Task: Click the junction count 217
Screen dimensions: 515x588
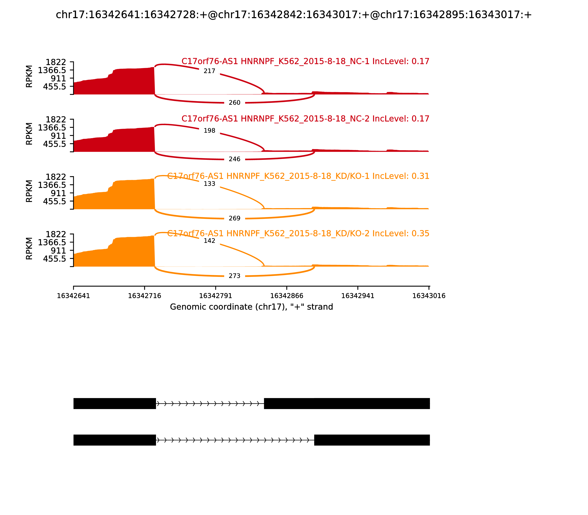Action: point(209,71)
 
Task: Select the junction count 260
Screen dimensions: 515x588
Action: point(234,103)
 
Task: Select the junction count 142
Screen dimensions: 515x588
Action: point(209,241)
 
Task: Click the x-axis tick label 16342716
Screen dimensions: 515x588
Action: point(144,296)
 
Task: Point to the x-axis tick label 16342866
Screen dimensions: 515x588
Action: point(286,296)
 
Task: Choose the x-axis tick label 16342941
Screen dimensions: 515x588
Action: point(358,296)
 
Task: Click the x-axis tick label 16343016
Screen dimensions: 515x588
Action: point(429,296)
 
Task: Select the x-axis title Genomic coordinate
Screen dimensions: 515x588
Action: point(252,307)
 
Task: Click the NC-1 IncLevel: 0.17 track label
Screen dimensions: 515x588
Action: point(305,61)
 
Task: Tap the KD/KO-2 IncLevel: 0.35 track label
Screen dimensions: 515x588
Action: point(298,233)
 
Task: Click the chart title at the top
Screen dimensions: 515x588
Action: point(294,15)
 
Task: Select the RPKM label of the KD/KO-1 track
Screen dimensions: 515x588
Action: point(29,191)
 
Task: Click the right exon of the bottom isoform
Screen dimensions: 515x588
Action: point(372,440)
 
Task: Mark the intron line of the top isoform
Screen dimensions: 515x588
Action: point(210,404)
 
